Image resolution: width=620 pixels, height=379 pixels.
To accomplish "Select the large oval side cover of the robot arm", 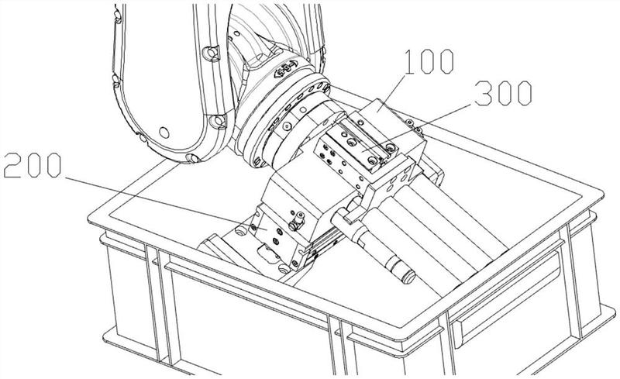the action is click(x=155, y=78).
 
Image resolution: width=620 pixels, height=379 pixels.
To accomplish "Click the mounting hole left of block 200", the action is click(x=241, y=230).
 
